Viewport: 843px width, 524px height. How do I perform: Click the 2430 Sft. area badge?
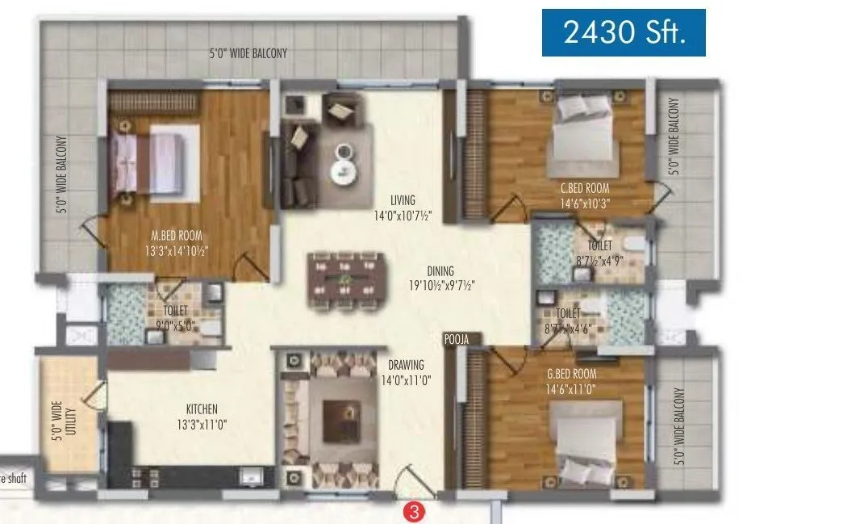623,32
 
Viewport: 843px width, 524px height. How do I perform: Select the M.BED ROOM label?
176,236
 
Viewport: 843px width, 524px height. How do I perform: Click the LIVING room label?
402,200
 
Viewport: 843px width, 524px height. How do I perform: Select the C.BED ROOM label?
585,188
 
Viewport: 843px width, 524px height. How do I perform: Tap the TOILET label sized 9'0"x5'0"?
175,309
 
